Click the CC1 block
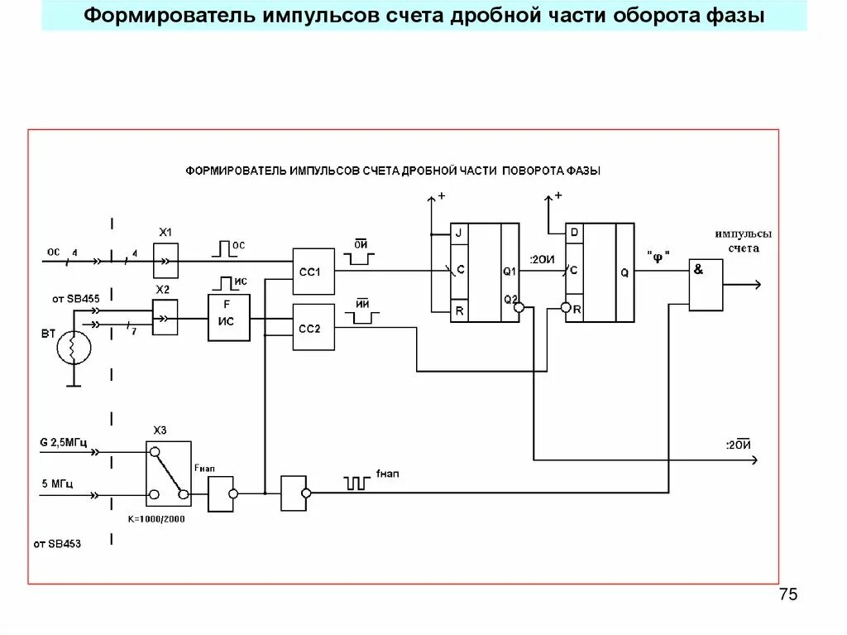tap(313, 271)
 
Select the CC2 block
tap(313, 327)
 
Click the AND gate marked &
tap(706, 285)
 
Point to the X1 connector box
tap(165, 261)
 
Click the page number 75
tap(787, 595)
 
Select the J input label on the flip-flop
tap(459, 233)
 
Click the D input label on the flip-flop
tap(574, 233)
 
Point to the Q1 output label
tap(509, 271)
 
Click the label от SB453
tap(57, 544)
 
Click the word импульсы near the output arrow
tap(744, 234)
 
